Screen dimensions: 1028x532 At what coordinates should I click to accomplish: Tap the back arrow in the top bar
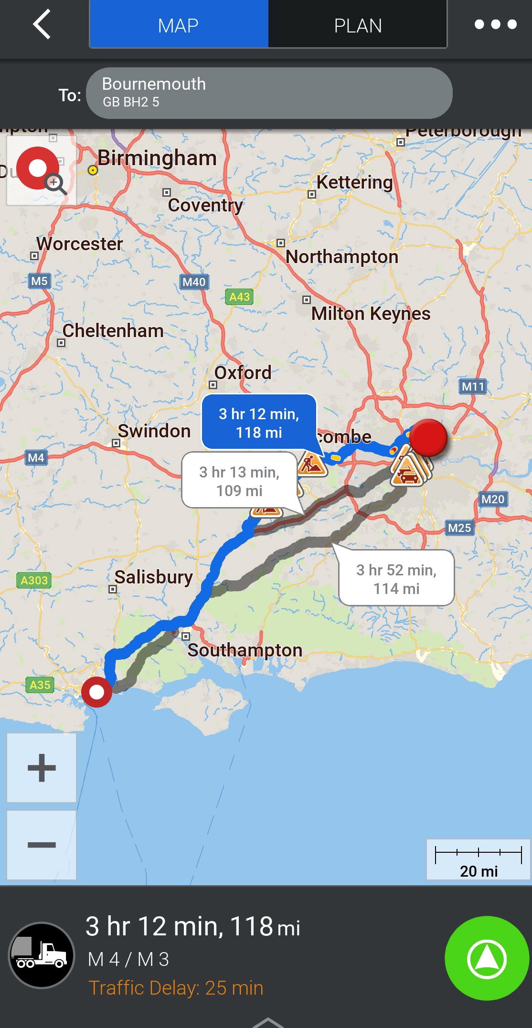coord(42,24)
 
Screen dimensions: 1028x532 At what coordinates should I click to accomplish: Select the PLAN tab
coord(358,25)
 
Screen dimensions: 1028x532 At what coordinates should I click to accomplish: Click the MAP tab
coord(179,25)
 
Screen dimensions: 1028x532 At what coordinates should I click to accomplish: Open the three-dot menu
coord(495,24)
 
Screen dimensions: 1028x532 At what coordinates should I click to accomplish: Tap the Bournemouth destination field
coord(269,93)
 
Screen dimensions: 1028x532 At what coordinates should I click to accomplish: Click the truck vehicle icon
coord(42,955)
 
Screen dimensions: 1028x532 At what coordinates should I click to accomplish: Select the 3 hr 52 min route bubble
coord(396,579)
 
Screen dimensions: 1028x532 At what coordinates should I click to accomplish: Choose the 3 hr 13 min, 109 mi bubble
coord(239,481)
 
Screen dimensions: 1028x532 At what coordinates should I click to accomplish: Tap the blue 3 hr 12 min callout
coord(259,423)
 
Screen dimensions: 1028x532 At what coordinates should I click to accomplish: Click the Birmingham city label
coord(157,158)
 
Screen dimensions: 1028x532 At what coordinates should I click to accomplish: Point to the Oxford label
coord(243,373)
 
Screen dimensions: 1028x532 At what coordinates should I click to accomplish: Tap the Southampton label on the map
coord(245,650)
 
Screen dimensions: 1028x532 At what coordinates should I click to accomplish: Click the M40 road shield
coord(194,282)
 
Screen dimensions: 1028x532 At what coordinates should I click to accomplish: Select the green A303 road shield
coord(34,581)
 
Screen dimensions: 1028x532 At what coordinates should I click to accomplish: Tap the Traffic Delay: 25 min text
coord(176,988)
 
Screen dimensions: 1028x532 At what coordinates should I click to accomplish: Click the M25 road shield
coord(459,528)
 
